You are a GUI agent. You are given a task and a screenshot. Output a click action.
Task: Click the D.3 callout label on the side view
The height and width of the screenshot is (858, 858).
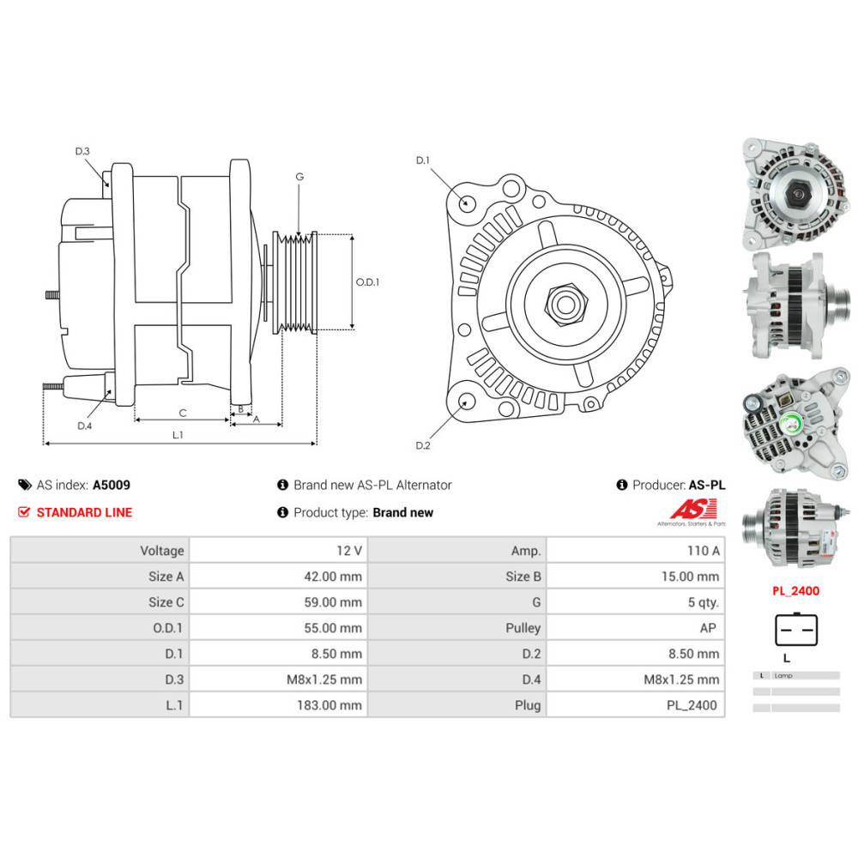click(82, 151)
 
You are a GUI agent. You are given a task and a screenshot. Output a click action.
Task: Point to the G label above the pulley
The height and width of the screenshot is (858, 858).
click(299, 177)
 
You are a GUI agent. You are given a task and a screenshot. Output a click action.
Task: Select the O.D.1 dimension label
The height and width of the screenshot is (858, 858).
click(367, 281)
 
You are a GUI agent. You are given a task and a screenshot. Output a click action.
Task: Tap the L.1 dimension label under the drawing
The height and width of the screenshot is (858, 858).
click(178, 435)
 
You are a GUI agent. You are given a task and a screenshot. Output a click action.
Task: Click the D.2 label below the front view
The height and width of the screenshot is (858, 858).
click(422, 444)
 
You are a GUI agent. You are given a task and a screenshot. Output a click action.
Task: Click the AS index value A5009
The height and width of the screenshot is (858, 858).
click(112, 485)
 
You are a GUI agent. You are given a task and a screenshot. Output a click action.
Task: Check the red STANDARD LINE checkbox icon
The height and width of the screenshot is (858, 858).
click(24, 512)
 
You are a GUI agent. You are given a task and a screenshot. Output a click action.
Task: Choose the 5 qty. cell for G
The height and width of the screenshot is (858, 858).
click(703, 602)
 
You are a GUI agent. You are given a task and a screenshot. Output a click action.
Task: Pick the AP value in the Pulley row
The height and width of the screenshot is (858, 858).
click(708, 628)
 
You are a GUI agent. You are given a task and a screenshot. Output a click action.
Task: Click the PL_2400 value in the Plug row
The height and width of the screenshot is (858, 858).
click(692, 705)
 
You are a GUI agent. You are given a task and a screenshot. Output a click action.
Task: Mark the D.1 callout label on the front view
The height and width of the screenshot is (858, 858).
click(422, 160)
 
